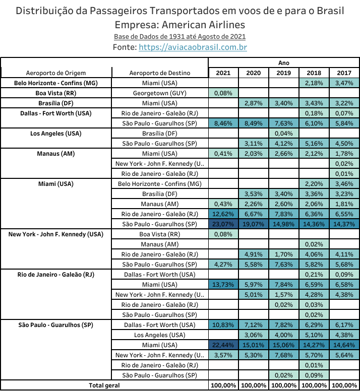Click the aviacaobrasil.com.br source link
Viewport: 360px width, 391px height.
point(193,47)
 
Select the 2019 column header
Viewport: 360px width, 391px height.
point(284,73)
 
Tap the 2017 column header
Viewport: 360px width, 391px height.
point(344,73)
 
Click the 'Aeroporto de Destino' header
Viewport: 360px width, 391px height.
point(160,73)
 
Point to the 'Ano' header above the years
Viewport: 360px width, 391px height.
point(284,63)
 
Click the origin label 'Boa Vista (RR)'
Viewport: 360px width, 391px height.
point(56,93)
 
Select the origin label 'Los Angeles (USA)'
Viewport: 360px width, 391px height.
point(56,134)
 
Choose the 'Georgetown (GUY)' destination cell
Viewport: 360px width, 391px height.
point(160,93)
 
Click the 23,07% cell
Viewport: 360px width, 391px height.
point(223,224)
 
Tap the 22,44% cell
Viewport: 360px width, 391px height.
point(223,345)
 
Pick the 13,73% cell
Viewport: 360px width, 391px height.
point(223,285)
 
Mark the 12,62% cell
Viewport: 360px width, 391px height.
point(223,214)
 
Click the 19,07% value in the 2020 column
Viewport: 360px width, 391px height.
point(254,224)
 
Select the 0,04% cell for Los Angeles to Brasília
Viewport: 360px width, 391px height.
point(284,134)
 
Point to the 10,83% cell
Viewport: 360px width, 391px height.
point(223,325)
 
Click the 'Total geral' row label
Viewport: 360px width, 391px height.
point(104,385)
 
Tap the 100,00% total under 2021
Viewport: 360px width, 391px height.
point(223,385)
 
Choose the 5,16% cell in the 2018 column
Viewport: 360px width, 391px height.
point(314,144)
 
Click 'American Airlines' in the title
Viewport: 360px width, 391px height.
point(203,25)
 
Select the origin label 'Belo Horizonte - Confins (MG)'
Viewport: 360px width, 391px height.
point(56,83)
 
